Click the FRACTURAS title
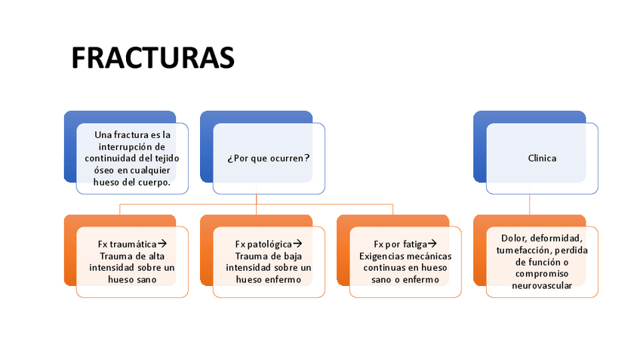pyautogui.click(x=152, y=58)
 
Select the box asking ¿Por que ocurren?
pyautogui.click(x=269, y=158)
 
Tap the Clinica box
pyautogui.click(x=542, y=158)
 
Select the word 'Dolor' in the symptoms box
pyautogui.click(x=513, y=238)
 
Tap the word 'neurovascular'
pyautogui.click(x=542, y=285)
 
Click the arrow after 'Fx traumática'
pyautogui.click(x=162, y=244)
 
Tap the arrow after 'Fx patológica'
pyautogui.click(x=297, y=244)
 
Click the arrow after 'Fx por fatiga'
pyautogui.click(x=432, y=244)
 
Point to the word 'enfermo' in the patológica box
pyautogui.click(x=283, y=279)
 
